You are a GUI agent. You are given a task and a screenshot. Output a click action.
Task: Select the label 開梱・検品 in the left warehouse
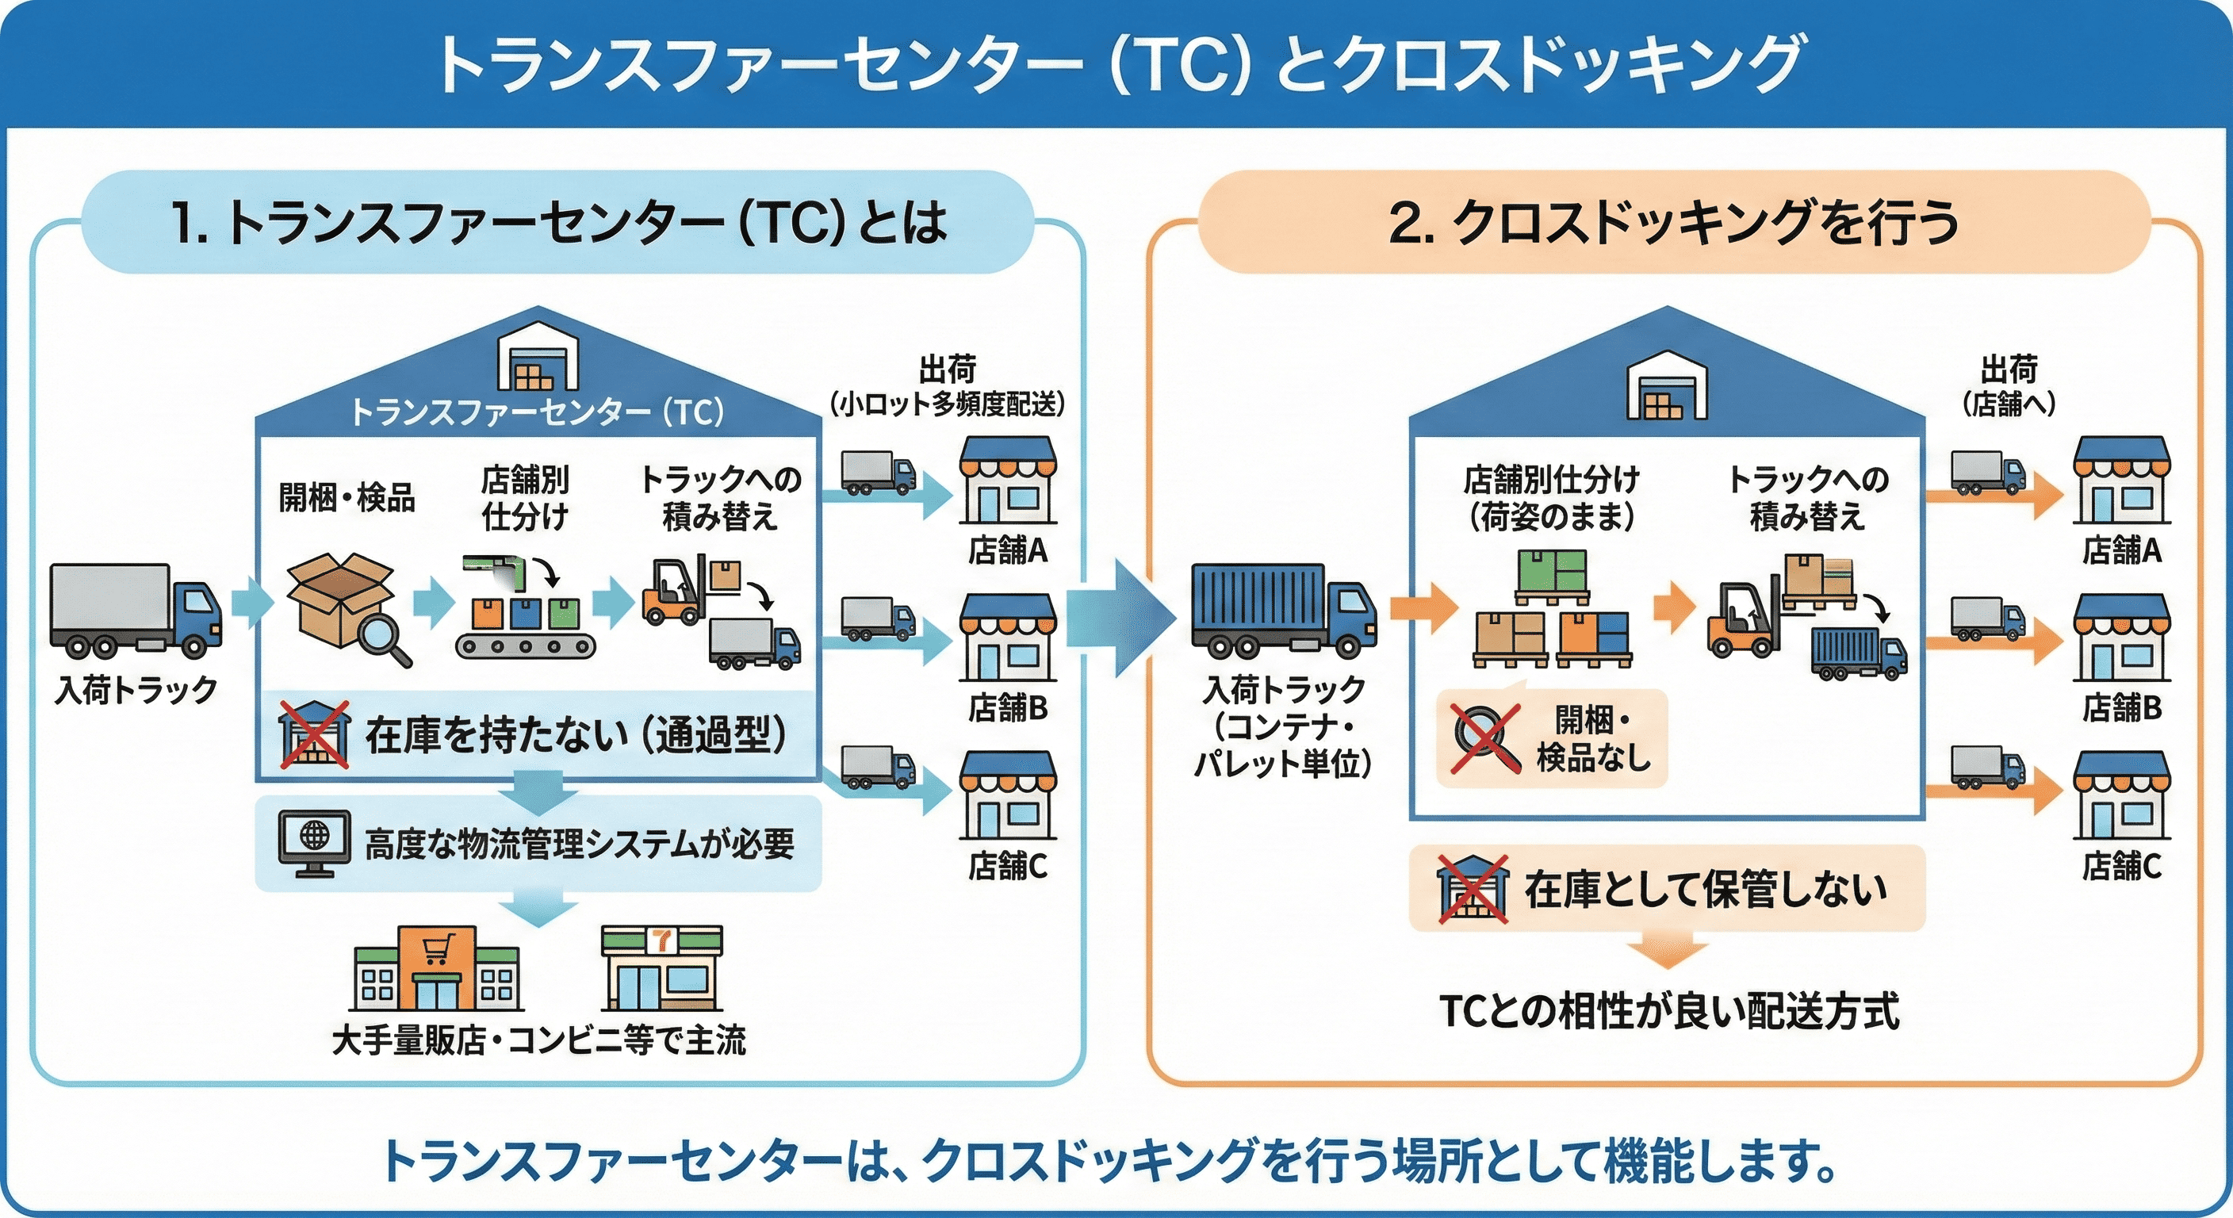346,498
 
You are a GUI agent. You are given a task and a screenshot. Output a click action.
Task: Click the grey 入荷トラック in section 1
134,611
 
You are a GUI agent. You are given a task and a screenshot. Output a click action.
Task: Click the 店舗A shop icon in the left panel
1006,481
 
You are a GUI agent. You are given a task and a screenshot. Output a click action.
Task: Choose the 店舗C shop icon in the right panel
2120,796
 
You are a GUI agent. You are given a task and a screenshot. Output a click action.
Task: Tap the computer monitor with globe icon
314,843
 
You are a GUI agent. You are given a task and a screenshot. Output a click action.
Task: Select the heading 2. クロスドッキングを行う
1673,223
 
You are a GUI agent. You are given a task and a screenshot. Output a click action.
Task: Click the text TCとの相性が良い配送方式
1668,1011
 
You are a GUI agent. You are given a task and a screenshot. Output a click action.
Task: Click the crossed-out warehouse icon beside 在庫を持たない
315,735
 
